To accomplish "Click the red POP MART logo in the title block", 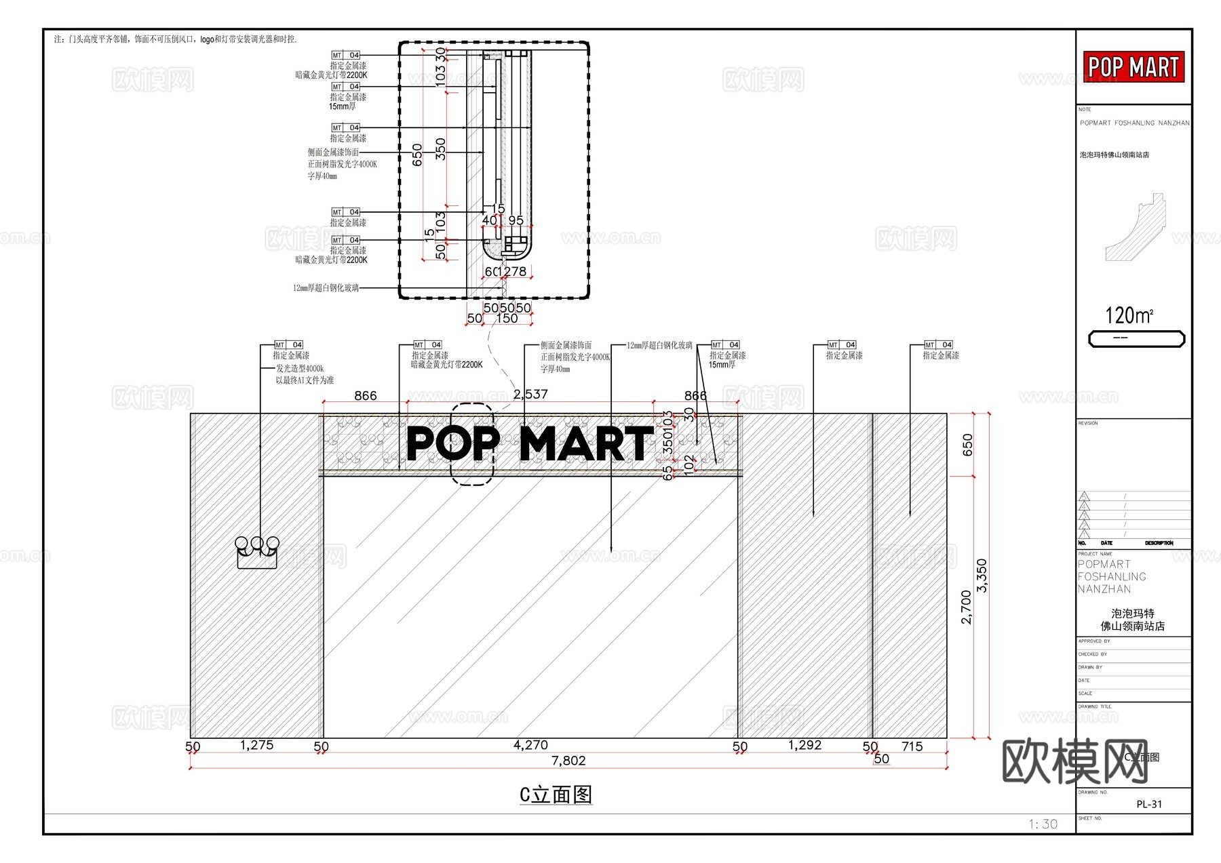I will (1133, 67).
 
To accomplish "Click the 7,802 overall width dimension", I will (568, 761).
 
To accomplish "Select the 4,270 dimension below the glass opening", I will (530, 745).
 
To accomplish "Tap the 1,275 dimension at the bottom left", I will (256, 745).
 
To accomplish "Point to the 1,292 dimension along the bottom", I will (805, 745).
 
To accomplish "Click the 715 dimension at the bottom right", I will (912, 746).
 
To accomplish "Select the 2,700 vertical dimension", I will (967, 607).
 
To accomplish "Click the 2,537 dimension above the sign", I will (530, 394).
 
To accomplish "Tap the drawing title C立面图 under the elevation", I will (556, 795).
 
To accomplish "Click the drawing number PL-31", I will (1149, 804).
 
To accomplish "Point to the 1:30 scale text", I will (1043, 824).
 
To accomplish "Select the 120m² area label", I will (1129, 315).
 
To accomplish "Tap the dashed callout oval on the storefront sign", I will (473, 444).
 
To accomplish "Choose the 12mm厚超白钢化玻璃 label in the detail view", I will (326, 288).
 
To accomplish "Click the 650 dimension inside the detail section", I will (417, 155).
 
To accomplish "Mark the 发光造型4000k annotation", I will (299, 369).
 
